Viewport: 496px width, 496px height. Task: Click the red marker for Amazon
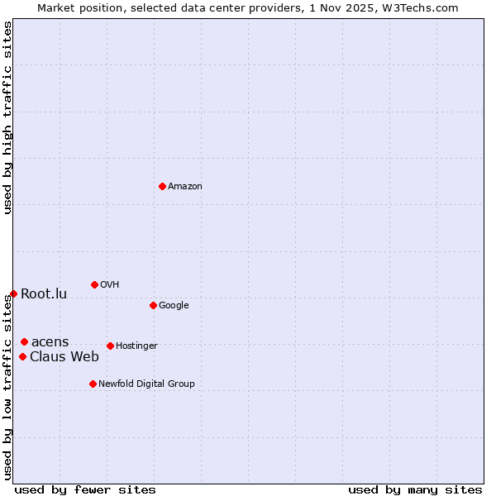162,186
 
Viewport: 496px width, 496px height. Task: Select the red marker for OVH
94,284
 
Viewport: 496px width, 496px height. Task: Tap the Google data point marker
153,305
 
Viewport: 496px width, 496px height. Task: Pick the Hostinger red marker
110,346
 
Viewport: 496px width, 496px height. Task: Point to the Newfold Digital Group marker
93,384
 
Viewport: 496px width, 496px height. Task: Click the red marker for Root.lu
13,293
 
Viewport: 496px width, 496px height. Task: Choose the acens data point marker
24,341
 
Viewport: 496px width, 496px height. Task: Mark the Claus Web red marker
22,356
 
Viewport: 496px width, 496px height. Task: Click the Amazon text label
185,187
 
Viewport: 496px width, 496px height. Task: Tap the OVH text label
110,285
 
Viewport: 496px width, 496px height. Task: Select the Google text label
174,306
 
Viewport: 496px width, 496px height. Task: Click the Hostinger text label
136,346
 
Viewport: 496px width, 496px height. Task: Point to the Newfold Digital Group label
147,384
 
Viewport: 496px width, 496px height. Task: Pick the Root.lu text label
44,294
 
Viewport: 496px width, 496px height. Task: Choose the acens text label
50,342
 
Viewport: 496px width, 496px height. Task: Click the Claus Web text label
64,357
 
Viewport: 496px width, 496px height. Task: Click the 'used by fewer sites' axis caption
85,489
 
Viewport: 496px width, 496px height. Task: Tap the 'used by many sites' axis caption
415,489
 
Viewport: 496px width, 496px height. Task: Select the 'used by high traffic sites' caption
8,117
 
